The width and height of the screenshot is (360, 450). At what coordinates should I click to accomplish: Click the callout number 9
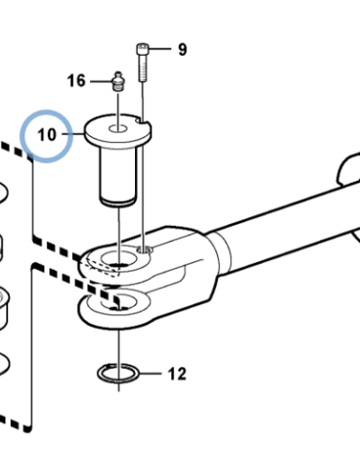[x=183, y=49]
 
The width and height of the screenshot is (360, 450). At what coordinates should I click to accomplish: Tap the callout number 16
[x=76, y=81]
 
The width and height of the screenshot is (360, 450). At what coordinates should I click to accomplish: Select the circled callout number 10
[x=47, y=135]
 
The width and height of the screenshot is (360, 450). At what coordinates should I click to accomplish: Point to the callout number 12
[x=177, y=374]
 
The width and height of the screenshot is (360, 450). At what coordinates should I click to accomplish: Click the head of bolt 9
[x=142, y=49]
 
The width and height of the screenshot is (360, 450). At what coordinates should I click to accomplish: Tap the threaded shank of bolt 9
[x=143, y=68]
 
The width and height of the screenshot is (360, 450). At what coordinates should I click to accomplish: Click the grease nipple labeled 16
[x=118, y=81]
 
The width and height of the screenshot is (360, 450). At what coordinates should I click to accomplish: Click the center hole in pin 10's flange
[x=118, y=129]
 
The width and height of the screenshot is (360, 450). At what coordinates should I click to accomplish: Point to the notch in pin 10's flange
[x=141, y=121]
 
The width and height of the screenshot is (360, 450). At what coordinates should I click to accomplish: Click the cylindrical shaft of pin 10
[x=118, y=177]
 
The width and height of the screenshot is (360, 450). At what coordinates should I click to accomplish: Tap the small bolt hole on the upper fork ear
[x=144, y=249]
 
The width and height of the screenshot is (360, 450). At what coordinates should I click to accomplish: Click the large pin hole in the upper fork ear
[x=119, y=258]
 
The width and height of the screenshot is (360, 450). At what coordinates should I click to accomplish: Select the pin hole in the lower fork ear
[x=119, y=301]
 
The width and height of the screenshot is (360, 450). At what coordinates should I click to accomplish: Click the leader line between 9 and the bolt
[x=159, y=49]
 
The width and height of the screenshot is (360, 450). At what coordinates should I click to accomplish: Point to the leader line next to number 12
[x=150, y=373]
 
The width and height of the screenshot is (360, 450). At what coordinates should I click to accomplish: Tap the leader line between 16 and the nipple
[x=101, y=81]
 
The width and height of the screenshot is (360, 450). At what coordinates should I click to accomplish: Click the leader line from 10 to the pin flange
[x=74, y=134]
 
